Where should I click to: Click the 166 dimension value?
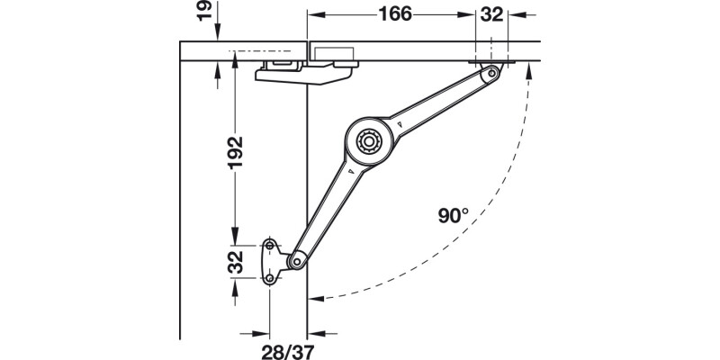click(x=394, y=14)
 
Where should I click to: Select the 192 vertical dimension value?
click(x=233, y=148)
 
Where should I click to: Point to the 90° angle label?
click(x=454, y=215)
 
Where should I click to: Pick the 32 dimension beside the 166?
click(x=492, y=14)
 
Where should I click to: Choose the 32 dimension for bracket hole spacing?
click(x=233, y=262)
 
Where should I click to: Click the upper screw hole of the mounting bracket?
click(x=270, y=244)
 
